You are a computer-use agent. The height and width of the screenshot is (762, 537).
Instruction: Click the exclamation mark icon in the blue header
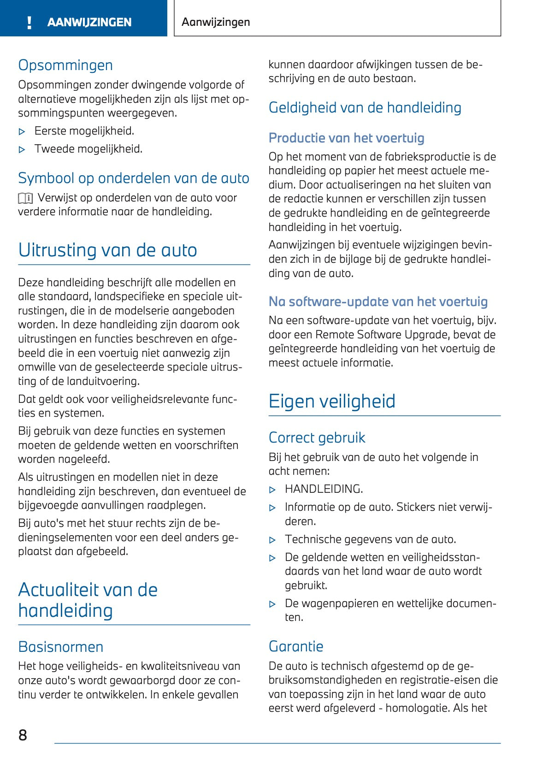click(x=30, y=22)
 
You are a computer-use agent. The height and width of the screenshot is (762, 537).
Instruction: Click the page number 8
click(x=23, y=735)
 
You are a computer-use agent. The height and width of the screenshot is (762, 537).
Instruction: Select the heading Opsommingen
click(x=65, y=65)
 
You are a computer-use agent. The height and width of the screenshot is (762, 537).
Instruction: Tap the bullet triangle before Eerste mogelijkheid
click(x=22, y=132)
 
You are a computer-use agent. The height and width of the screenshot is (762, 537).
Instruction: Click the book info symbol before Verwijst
click(x=25, y=198)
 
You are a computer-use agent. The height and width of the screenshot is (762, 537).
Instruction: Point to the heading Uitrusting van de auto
click(x=107, y=250)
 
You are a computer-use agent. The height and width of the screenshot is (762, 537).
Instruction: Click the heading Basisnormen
click(x=60, y=646)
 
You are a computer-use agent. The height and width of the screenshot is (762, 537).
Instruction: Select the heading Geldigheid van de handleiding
click(x=365, y=107)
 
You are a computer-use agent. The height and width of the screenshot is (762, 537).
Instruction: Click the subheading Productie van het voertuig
click(x=346, y=138)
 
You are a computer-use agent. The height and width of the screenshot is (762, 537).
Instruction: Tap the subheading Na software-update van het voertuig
click(x=378, y=301)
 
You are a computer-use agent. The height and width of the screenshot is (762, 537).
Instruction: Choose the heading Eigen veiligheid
click(x=332, y=401)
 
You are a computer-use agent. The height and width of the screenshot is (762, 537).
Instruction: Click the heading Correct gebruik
click(x=317, y=437)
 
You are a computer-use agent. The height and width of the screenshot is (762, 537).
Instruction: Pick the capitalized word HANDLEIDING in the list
click(x=324, y=489)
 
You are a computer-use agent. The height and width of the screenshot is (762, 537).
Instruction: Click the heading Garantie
click(x=296, y=646)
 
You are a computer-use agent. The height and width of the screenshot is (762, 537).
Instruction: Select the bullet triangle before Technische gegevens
click(x=272, y=540)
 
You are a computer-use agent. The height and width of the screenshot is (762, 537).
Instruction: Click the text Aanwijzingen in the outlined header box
click(x=216, y=22)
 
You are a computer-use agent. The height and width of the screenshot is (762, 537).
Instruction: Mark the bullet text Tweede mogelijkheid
click(x=89, y=149)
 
